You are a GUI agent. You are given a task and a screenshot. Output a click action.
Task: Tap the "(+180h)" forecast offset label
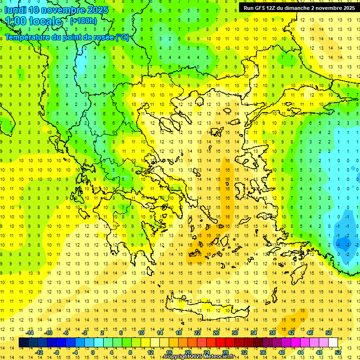[83, 21]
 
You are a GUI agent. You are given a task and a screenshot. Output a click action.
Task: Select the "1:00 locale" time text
[34, 21]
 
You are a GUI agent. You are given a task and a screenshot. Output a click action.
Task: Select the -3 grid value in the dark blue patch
[347, 245]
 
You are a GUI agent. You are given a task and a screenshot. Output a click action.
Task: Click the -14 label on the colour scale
[30, 333]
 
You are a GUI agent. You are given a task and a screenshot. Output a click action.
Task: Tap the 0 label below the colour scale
[93, 352]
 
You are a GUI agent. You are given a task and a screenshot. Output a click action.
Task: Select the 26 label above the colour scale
[216, 333]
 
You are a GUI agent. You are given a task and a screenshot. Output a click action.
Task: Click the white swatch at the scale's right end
[333, 343]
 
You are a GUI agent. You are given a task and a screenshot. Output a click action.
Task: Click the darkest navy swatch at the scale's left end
[24, 343]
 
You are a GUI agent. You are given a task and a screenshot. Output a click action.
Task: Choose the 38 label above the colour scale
[272, 333]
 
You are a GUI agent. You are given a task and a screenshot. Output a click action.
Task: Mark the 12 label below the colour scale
[150, 352]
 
